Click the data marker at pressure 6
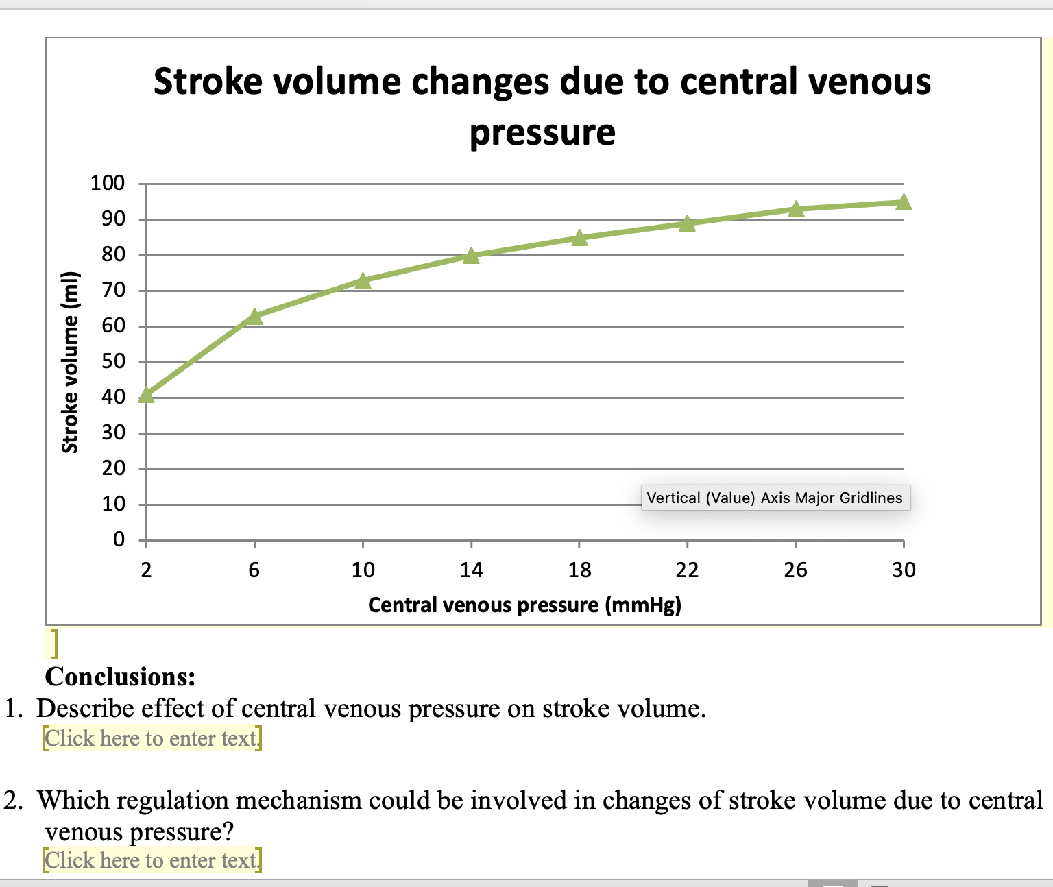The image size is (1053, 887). [254, 316]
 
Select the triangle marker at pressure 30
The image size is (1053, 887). [904, 202]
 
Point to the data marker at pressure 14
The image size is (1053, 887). [471, 256]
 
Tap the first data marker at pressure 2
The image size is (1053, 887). [146, 396]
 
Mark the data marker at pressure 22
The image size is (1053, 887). [687, 224]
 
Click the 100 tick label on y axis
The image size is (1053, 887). [108, 183]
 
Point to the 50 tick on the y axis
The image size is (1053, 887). [113, 361]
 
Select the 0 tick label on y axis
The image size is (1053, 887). [119, 539]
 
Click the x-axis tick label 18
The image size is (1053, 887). [579, 570]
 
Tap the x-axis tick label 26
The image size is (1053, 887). [795, 570]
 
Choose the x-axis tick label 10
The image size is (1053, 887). [363, 570]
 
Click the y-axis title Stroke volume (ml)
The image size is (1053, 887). [71, 362]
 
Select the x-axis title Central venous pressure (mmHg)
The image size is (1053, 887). [524, 605]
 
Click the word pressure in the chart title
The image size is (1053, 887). [542, 132]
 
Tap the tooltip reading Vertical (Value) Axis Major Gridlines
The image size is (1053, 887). [775, 498]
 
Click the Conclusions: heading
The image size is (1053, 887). [120, 677]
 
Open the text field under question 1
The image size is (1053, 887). [152, 739]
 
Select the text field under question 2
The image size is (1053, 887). [152, 860]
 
